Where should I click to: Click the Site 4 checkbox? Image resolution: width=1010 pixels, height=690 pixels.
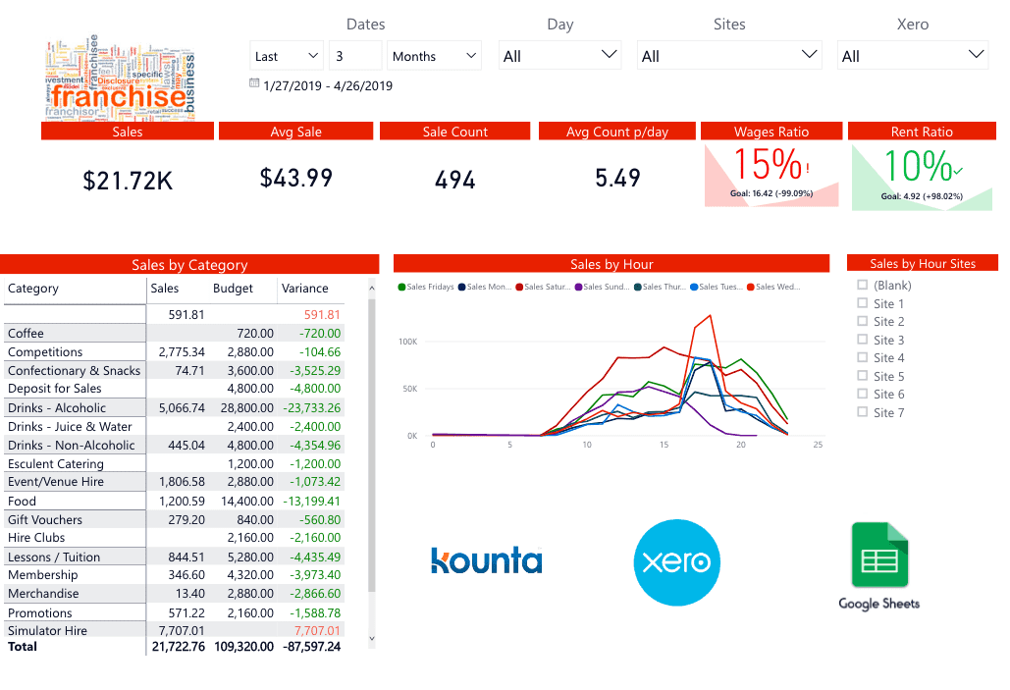pos(863,358)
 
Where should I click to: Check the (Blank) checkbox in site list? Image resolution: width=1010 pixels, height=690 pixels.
pos(863,286)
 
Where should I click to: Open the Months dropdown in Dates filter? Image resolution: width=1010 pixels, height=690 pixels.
pos(434,56)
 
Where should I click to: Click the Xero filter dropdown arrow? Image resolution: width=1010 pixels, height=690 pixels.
pos(976,55)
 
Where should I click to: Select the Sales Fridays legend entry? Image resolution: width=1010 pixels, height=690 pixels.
pos(426,288)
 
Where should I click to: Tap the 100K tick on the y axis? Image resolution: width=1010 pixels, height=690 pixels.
pos(407,342)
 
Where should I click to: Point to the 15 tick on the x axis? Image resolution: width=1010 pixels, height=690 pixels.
pos(664,445)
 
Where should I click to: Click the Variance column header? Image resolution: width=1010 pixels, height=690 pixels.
pos(305,289)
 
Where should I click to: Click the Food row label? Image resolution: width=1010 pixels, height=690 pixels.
pos(22,501)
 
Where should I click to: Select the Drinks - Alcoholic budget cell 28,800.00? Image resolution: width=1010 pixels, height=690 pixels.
pos(240,408)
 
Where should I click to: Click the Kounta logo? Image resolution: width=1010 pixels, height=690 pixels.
pos(487,560)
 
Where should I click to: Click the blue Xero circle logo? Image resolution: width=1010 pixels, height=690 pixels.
pos(676,562)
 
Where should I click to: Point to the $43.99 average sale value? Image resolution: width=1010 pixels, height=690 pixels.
pos(296,178)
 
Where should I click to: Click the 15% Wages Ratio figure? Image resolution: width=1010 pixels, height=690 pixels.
pos(768,164)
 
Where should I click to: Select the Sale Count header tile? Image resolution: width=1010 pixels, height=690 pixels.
pos(455,132)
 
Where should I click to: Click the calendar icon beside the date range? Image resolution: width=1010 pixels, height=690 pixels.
pos(254,84)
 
